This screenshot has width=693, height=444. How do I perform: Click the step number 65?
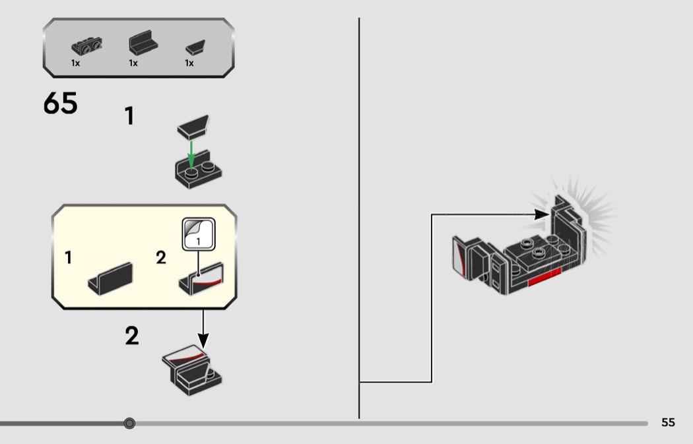tap(60, 104)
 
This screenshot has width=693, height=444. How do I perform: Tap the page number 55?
tap(668, 422)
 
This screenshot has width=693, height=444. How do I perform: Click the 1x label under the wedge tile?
tap(189, 63)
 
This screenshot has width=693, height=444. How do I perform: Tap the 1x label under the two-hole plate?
tap(76, 63)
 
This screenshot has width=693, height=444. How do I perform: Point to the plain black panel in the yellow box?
tap(110, 277)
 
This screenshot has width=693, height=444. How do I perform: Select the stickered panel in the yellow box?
tap(202, 277)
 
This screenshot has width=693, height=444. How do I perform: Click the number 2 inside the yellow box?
tap(161, 258)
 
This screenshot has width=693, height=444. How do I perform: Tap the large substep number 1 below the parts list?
tap(130, 116)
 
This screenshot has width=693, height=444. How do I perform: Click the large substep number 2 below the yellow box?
tap(132, 336)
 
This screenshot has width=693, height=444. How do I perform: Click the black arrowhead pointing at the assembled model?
tap(542, 214)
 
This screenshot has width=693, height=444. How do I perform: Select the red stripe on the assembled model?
tap(544, 282)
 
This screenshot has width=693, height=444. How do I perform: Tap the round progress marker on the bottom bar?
tap(129, 423)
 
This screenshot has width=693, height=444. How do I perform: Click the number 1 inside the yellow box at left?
tap(69, 258)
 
